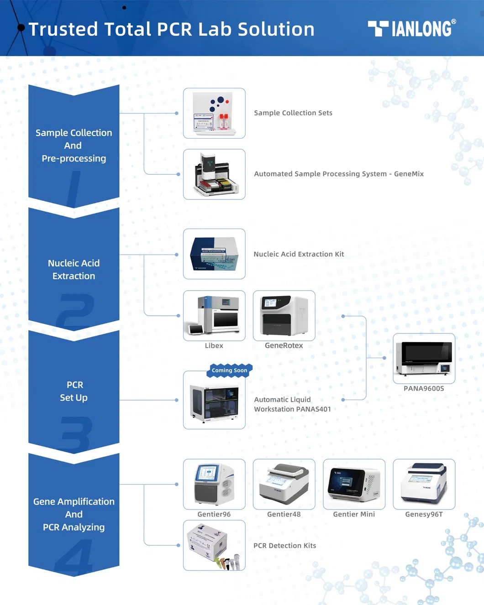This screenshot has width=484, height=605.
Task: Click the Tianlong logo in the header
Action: (411, 29)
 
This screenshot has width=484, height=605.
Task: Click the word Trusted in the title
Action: (63, 30)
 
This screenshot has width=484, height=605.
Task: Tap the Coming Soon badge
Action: (230, 370)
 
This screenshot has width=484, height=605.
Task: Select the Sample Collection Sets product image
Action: (214, 113)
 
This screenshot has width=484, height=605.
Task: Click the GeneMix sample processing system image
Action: (214, 174)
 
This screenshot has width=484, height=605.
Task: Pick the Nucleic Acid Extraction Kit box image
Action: (214, 254)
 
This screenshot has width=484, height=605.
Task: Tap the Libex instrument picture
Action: (214, 315)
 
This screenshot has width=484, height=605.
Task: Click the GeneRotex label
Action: (284, 346)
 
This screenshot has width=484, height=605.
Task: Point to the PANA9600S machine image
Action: (424, 358)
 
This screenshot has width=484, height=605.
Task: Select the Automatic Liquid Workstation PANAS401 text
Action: (292, 404)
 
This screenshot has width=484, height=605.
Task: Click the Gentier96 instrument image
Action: (214, 484)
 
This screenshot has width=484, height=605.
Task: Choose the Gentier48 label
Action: (284, 514)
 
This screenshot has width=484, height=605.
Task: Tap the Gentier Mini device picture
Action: (354, 484)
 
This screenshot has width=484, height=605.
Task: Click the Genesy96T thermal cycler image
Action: (424, 484)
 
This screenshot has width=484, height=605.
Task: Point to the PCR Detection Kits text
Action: (285, 546)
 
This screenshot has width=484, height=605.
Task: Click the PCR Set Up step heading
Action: (74, 391)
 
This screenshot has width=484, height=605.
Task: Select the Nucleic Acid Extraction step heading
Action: (74, 270)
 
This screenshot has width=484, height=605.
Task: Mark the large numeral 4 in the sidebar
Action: (74, 558)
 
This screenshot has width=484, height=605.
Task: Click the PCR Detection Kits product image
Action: (214, 545)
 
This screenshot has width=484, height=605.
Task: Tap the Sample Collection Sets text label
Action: (293, 113)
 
